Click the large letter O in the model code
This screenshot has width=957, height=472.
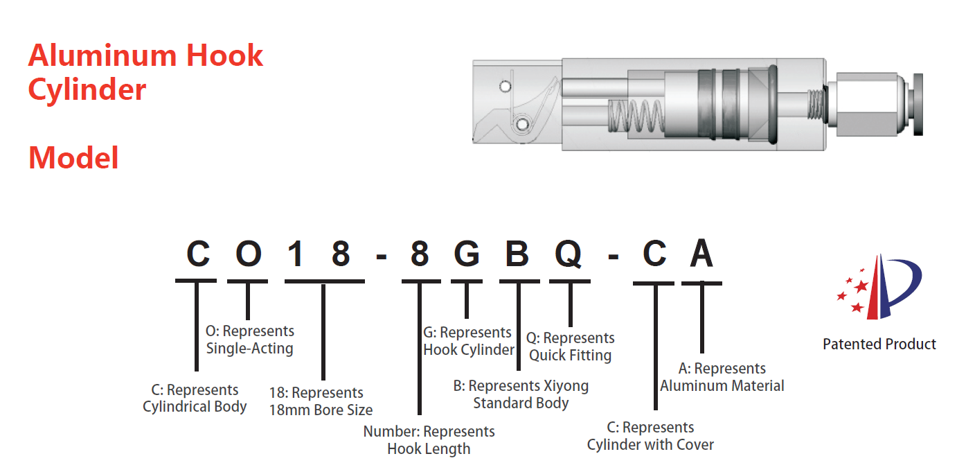tap(248, 255)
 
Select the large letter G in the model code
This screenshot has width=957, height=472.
tap(467, 255)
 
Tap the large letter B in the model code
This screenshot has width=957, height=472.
tap(517, 255)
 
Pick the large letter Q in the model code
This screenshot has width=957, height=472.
tap(569, 255)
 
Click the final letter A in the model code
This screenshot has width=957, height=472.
tap(701, 255)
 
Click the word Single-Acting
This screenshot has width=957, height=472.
tap(249, 349)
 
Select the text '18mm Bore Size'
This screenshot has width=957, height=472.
tap(321, 410)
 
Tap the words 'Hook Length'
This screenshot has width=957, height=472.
tap(429, 448)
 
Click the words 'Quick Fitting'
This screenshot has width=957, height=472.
tap(570, 356)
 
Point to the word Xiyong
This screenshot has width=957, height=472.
tap(565, 385)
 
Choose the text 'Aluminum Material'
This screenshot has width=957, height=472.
tap(722, 386)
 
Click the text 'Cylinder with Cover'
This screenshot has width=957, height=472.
tap(650, 444)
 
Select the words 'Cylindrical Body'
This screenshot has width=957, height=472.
tap(195, 407)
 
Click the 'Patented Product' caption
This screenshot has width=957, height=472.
tap(879, 344)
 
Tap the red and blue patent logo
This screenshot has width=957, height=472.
tap(880, 288)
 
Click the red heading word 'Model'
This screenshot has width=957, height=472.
tap(73, 158)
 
